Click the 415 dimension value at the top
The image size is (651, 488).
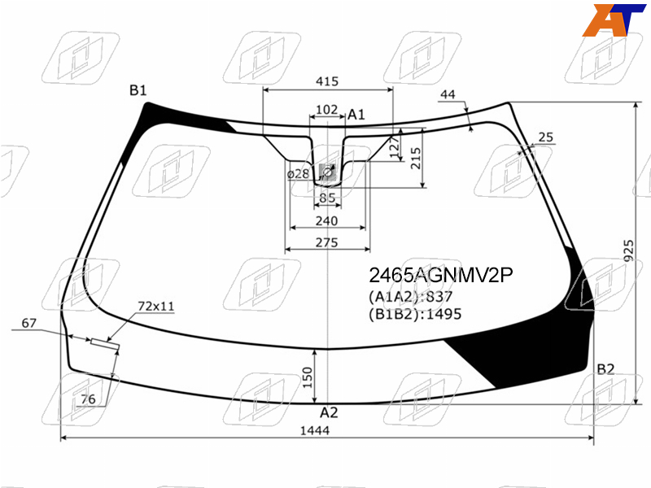[x=327, y=81]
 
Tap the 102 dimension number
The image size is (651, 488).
[x=326, y=110]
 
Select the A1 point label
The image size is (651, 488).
[x=356, y=115]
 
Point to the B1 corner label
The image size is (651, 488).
[x=138, y=90]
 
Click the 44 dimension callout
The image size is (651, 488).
[x=448, y=94]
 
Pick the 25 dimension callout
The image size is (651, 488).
[x=545, y=137]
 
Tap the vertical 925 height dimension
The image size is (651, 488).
[x=628, y=251]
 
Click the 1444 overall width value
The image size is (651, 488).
[x=315, y=431]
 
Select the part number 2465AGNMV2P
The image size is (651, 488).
[x=441, y=275]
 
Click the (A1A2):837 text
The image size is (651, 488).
[x=410, y=297]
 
